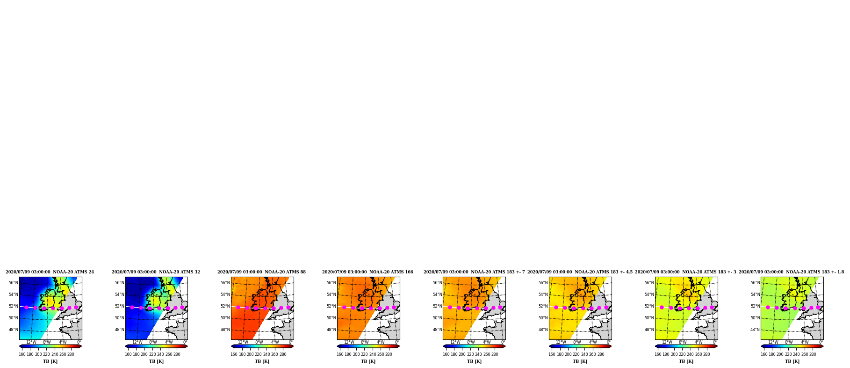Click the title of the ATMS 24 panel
pyautogui.click(x=50, y=272)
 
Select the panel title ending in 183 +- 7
pyautogui.click(x=474, y=272)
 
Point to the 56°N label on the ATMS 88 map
pyautogui.click(x=225, y=283)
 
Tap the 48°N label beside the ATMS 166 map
pyautogui.click(x=331, y=330)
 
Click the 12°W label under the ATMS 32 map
pyautogui.click(x=137, y=342)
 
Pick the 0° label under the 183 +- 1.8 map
pyautogui.click(x=821, y=342)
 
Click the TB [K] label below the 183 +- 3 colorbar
pyautogui.click(x=686, y=361)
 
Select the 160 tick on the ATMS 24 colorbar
pyautogui.click(x=22, y=354)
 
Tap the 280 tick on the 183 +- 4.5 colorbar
pyautogui.click(x=601, y=354)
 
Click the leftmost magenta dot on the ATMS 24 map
pyautogui.click(x=26, y=308)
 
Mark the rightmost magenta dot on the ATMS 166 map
pyautogui.click(x=394, y=308)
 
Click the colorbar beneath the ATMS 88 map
pyautogui.click(x=262, y=346)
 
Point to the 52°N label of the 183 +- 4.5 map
pyautogui.click(x=543, y=306)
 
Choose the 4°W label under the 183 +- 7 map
pyautogui.click(x=487, y=342)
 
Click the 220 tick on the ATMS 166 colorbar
pyautogui.click(x=364, y=354)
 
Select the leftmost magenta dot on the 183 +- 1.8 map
pyautogui.click(x=768, y=308)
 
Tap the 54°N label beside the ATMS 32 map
pyautogui.click(x=120, y=294)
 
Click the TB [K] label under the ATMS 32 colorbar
pyautogui.click(x=156, y=361)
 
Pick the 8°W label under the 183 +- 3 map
pyautogui.click(x=683, y=342)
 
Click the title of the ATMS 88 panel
pyautogui.click(x=261, y=272)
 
